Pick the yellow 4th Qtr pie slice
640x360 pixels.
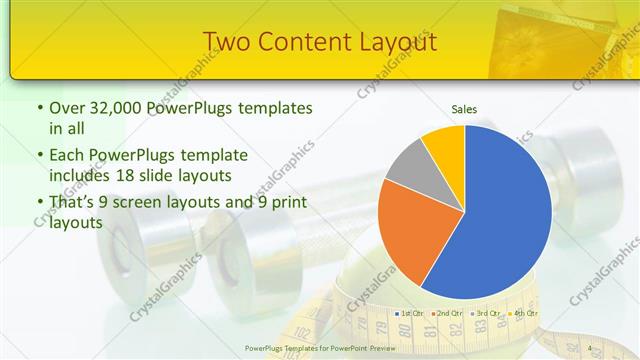point(443,143)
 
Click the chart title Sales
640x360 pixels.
point(464,108)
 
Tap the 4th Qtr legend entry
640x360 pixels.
point(521,314)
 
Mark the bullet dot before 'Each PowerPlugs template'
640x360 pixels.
point(38,156)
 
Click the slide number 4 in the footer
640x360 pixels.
point(589,348)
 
